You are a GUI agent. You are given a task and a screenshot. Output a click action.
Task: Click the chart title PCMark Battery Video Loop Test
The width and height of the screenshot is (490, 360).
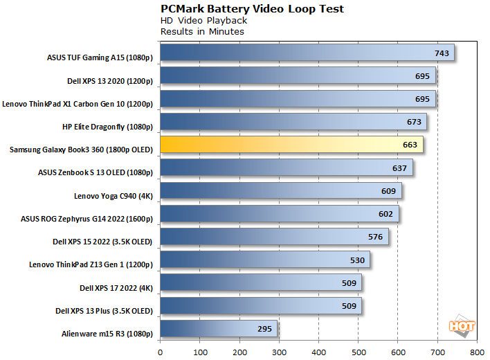point(252,9)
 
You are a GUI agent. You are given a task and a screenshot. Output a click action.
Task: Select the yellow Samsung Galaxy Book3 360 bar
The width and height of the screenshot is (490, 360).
point(291,145)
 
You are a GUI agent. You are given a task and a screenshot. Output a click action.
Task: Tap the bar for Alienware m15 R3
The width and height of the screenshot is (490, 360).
point(219,328)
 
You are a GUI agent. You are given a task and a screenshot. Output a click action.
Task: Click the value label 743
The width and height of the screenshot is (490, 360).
point(442,53)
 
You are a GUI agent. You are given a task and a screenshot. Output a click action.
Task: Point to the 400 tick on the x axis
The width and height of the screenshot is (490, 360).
point(318,352)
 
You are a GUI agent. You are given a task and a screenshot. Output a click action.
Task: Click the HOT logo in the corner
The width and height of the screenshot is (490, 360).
point(462,325)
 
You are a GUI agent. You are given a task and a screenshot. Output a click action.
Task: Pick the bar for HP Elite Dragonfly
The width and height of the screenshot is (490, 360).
point(293,122)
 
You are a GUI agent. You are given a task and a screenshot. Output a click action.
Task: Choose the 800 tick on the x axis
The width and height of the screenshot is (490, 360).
point(475,352)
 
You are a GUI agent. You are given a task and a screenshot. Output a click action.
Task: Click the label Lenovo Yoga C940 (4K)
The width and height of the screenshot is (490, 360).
point(112,195)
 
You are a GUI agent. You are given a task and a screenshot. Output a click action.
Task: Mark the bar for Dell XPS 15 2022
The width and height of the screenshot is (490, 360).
point(274,237)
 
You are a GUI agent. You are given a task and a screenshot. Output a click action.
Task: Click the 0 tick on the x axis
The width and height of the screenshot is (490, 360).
point(160,352)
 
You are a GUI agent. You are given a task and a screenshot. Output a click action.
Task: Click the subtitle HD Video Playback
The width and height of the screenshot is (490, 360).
point(194,21)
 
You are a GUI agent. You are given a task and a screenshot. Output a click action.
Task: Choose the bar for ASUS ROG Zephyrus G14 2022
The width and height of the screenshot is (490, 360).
point(279,213)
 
